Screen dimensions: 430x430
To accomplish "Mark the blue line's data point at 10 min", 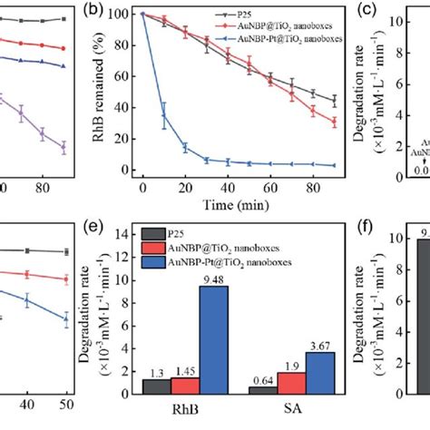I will [163, 115].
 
